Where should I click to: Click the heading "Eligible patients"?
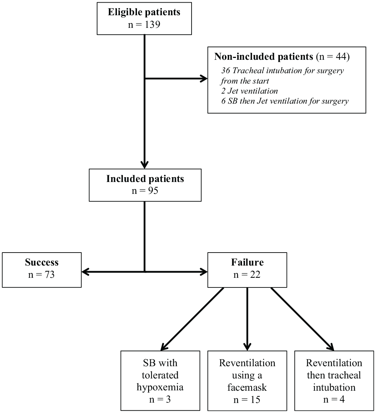(144, 12)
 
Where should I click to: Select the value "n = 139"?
(144, 25)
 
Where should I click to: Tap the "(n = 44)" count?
(333, 56)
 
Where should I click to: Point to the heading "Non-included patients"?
(264, 56)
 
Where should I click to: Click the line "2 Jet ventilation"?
(249, 91)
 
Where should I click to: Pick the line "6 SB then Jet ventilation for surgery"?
(285, 101)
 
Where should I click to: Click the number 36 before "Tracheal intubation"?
(226, 71)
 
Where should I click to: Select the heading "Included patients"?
(145, 179)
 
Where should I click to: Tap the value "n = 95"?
(145, 191)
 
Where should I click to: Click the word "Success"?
(42, 262)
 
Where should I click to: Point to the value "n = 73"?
(41, 275)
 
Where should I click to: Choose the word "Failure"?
(247, 262)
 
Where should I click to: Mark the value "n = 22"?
(247, 275)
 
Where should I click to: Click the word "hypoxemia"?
(160, 387)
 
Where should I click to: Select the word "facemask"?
(247, 387)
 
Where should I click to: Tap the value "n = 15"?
(247, 400)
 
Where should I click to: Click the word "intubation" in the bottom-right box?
(334, 387)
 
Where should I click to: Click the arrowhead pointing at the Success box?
(86, 272)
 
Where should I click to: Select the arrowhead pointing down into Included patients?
(144, 165)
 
